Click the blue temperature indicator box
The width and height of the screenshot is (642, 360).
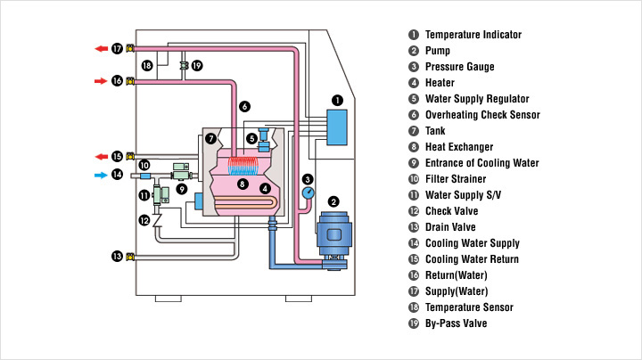[x=338, y=127]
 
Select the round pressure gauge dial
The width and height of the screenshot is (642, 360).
[x=308, y=192]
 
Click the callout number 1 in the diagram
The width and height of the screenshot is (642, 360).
[x=337, y=101]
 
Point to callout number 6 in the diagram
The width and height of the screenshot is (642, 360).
[x=244, y=106]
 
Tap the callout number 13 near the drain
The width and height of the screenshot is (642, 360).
[x=117, y=257]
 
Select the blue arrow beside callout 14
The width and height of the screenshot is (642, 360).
[x=100, y=175]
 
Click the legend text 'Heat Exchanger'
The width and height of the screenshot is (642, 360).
[x=459, y=147]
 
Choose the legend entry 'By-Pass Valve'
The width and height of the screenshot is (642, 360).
[x=457, y=323]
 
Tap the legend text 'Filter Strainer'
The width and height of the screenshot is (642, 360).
[x=457, y=179]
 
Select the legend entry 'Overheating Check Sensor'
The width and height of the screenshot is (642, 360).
[x=482, y=115]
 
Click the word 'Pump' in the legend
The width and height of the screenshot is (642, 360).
[x=438, y=51]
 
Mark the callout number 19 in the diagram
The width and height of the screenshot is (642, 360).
[x=197, y=65]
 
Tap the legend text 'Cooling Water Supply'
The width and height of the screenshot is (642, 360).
[x=472, y=243]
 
